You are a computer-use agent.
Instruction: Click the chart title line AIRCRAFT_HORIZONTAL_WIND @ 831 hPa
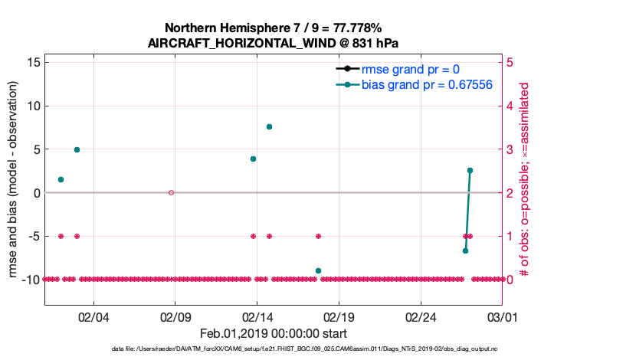coord(273,44)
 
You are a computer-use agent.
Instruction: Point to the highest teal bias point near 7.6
coord(269,126)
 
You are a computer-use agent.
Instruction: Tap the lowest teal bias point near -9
coord(318,270)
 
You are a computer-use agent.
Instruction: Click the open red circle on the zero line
coord(171,192)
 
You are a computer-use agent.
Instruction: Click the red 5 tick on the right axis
coord(511,62)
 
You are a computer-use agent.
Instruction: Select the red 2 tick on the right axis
coord(511,192)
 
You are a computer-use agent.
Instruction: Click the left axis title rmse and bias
coord(14,170)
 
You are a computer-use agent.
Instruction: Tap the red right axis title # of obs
coord(525,170)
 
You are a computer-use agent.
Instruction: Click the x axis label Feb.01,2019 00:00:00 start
coord(273,333)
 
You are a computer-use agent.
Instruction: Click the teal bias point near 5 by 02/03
coord(77,149)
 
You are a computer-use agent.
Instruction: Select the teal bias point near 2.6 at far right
coord(470,170)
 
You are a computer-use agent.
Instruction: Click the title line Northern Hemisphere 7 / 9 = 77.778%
coord(273,28)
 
